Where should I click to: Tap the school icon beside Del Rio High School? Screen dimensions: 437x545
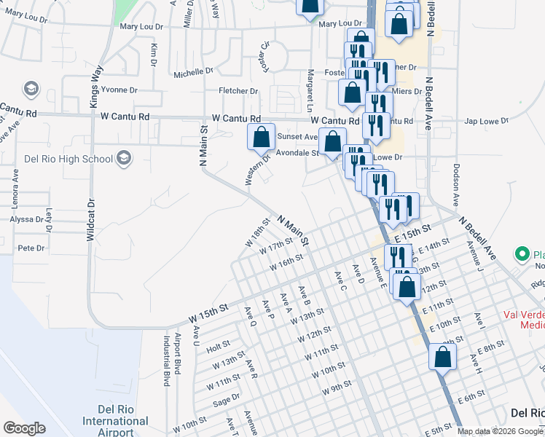(x=124, y=157)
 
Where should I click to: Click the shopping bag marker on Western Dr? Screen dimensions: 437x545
(x=262, y=137)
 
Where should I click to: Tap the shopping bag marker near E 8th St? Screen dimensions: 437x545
(x=442, y=358)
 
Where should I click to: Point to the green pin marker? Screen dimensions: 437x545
(x=522, y=254)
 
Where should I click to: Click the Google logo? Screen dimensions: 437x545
(x=24, y=428)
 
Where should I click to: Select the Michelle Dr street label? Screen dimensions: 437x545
(x=193, y=73)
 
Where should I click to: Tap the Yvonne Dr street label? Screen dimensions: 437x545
(x=119, y=90)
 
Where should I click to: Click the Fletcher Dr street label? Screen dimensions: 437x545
(x=239, y=91)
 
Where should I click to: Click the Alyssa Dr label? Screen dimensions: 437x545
(x=28, y=219)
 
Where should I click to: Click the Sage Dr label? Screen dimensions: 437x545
(x=226, y=400)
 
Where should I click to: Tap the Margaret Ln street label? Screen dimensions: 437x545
(x=311, y=85)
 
